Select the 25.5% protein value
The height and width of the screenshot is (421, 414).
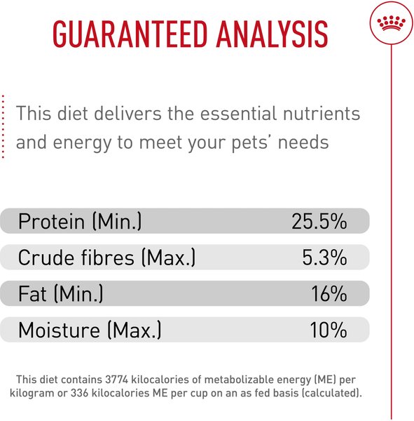coord(319,222)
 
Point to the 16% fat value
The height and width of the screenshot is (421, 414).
coord(329,294)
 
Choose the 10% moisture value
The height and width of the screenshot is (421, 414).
coord(329,330)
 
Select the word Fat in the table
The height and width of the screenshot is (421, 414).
coord(34,294)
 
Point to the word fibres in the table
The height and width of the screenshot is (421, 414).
coord(106,258)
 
